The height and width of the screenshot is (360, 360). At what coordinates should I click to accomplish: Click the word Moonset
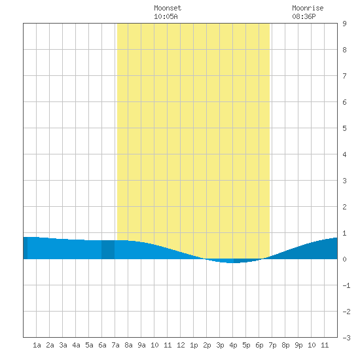[x=168, y=8]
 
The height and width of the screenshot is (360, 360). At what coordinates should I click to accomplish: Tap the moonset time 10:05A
[x=166, y=16]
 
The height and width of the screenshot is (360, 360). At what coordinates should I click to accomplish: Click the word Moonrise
[x=308, y=8]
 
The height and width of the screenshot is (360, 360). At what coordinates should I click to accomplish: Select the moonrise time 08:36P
[x=304, y=16]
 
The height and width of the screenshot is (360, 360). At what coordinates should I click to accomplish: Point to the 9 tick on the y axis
[x=344, y=24]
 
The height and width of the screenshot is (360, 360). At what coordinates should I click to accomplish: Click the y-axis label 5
[x=344, y=128]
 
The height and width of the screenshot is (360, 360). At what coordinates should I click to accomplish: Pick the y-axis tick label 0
[x=344, y=259]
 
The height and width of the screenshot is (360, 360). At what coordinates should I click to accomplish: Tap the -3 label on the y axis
[x=346, y=338]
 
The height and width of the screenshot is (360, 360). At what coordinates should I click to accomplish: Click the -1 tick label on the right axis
[x=346, y=285]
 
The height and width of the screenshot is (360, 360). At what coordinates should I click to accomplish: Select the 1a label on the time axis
[x=37, y=345]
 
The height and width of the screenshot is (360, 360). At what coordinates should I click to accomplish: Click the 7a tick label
[x=115, y=345]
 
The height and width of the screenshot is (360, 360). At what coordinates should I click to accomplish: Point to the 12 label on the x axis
[x=181, y=345]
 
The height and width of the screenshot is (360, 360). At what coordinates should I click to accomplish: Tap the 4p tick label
[x=233, y=345]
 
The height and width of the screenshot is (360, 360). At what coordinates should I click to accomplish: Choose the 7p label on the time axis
[x=272, y=345]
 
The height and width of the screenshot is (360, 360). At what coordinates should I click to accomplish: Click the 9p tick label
[x=298, y=345]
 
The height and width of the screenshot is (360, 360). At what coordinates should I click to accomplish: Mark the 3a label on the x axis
[x=63, y=345]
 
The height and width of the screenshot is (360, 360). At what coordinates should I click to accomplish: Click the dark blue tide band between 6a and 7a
[x=108, y=249]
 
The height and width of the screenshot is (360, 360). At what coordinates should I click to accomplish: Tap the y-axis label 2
[x=344, y=207]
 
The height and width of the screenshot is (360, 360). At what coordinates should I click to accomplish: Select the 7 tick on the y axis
[x=344, y=76]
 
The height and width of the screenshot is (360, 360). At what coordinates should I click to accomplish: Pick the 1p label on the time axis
[x=194, y=345]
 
